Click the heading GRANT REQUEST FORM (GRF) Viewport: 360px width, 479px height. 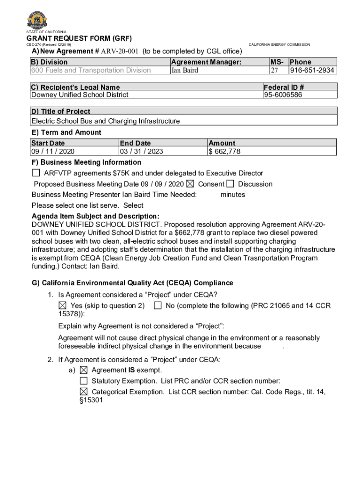(79, 38)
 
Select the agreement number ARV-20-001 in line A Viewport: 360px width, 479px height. (120, 51)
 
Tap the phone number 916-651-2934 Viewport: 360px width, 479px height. (312, 70)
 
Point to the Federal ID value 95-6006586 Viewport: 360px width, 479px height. (283, 94)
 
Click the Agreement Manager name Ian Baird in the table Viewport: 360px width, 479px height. (185, 70)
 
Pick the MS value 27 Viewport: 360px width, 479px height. (275, 70)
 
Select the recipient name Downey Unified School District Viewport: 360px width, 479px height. (79, 94)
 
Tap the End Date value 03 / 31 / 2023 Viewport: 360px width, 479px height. (142, 151)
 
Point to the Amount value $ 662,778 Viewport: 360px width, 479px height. (224, 151)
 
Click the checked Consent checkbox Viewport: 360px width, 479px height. (190, 184)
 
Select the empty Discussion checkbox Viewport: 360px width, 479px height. (230, 184)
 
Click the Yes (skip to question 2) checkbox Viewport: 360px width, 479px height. (63, 305)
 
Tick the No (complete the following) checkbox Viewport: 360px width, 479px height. (158, 305)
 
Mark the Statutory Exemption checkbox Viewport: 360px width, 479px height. (84, 381)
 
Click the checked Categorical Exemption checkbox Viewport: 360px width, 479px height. (84, 392)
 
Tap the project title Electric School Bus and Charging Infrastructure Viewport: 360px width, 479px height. (105, 121)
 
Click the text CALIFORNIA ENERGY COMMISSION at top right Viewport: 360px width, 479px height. (279, 44)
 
